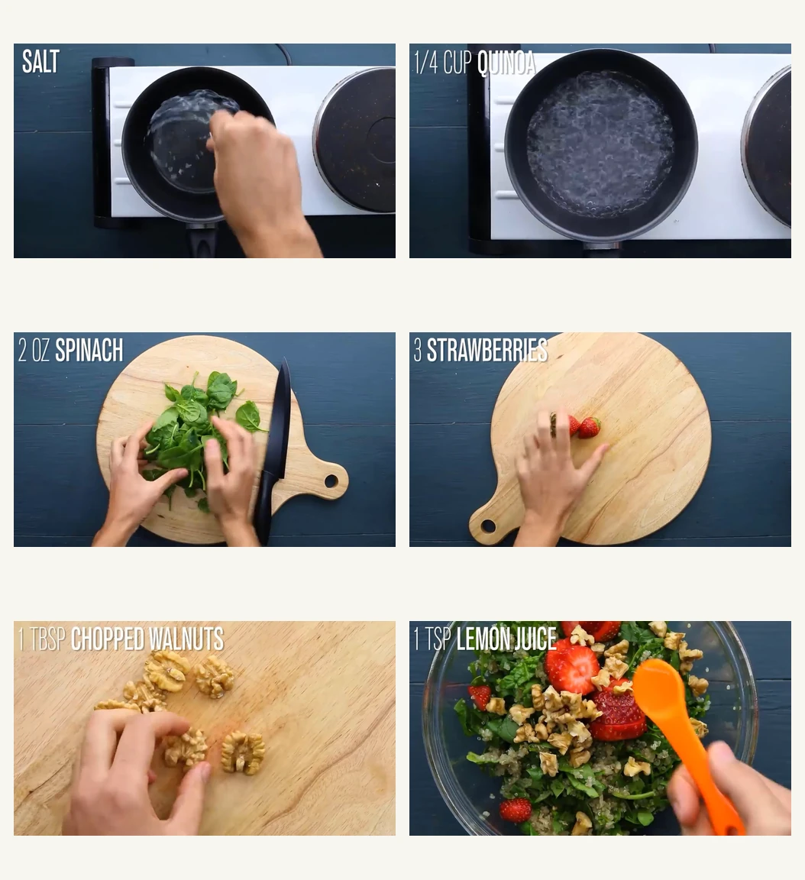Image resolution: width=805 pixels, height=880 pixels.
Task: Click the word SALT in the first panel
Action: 40,62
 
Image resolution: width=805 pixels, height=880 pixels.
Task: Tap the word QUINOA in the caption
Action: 506,63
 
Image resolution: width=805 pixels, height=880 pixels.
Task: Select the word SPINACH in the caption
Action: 89,351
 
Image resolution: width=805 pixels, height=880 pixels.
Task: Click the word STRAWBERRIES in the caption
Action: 487,351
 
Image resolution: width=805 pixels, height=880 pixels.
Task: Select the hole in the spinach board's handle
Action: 331,481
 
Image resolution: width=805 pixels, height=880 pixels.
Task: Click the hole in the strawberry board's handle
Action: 488,526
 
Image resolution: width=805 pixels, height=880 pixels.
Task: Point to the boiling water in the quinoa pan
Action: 600,145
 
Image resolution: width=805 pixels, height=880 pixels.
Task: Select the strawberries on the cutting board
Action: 580,426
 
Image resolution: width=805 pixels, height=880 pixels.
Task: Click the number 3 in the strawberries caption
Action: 418,351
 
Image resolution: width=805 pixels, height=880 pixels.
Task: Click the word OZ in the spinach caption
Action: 40,351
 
